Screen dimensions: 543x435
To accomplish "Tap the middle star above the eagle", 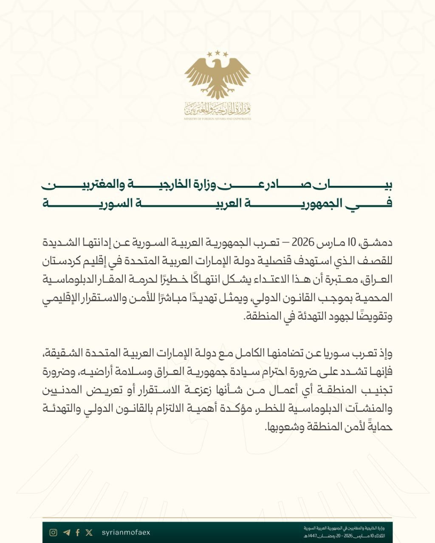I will (x=217, y=53).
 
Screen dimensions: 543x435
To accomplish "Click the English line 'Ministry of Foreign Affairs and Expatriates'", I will (x=217, y=119).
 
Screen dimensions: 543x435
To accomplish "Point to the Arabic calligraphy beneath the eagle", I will (x=217, y=109).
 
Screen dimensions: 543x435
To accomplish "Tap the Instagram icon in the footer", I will (x=53, y=533).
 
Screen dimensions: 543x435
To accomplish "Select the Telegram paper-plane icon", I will (x=66, y=533).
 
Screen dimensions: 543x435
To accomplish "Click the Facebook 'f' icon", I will (x=78, y=533).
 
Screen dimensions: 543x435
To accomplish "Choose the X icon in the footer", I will (x=89, y=533).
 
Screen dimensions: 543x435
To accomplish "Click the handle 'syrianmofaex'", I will (x=126, y=533).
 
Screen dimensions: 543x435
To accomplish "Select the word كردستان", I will (x=65, y=262).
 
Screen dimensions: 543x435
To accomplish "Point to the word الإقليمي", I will (x=62, y=298).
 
